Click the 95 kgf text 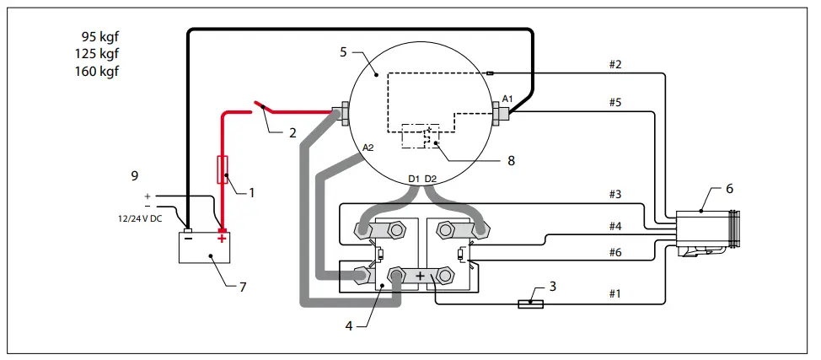tap(99, 37)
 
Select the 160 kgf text tap(99, 71)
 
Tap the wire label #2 tap(614, 64)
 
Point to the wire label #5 tap(614, 103)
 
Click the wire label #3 tap(614, 195)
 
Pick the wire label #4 tap(614, 226)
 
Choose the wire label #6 tap(614, 252)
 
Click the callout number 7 tap(243, 287)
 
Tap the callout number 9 tap(134, 176)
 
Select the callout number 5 tap(343, 52)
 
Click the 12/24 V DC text tap(139, 217)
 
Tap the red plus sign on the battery tap(223, 239)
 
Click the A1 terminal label tap(507, 99)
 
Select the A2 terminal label tap(368, 148)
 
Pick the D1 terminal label tap(414, 178)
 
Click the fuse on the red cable tap(223, 169)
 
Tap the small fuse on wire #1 tap(530, 303)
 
